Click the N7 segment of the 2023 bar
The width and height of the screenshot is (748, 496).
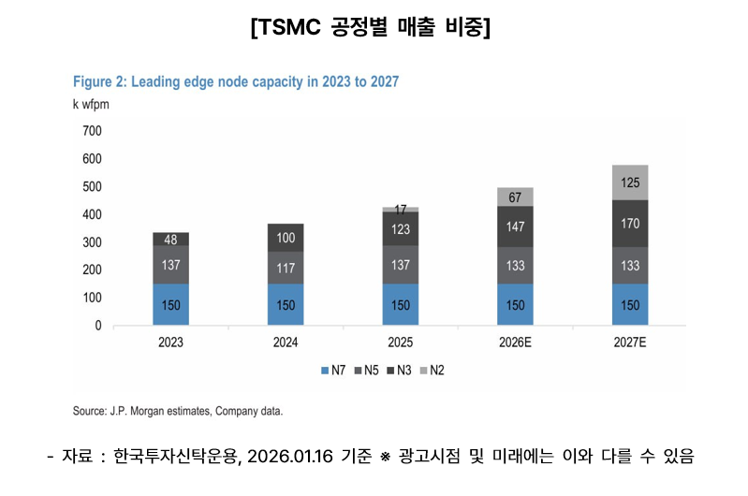(x=171, y=304)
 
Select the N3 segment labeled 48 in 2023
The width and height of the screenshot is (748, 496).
(x=171, y=239)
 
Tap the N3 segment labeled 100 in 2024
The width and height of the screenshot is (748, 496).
(x=286, y=238)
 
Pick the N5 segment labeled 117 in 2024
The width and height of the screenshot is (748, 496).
(x=286, y=268)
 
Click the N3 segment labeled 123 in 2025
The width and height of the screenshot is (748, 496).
(x=401, y=229)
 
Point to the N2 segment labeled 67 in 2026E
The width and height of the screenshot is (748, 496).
(x=515, y=197)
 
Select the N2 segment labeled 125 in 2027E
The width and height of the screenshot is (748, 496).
(x=630, y=182)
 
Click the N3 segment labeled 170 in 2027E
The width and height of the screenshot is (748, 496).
(x=630, y=224)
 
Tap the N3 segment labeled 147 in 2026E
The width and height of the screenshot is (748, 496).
(x=515, y=227)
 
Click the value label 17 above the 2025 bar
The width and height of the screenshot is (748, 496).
(x=401, y=209)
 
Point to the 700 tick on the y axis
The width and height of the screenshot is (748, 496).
(x=91, y=131)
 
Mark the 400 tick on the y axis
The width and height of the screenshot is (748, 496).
(x=91, y=214)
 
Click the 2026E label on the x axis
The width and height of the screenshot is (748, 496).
(x=515, y=343)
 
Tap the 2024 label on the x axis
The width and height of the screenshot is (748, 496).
(x=286, y=343)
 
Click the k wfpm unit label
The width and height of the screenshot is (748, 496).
(x=91, y=104)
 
